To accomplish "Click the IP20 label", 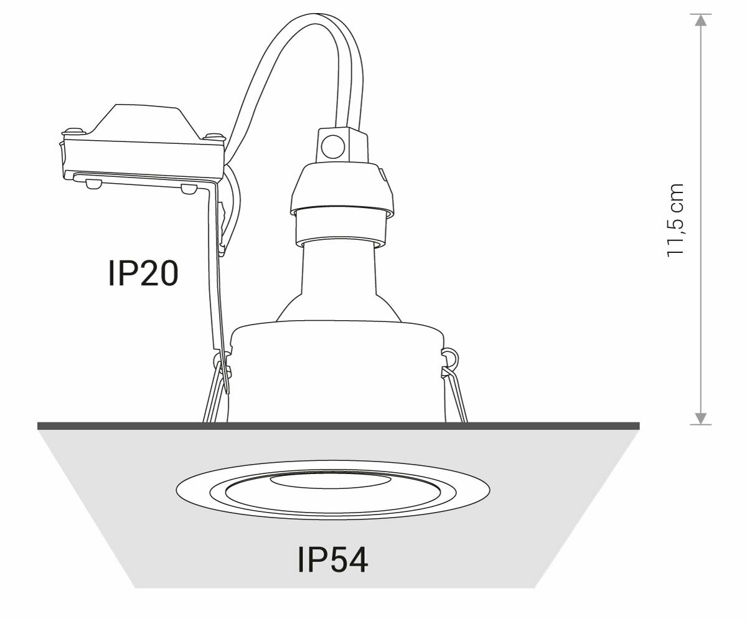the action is [x=143, y=273].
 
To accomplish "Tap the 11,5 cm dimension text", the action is [x=675, y=220].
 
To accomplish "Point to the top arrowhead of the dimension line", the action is [x=700, y=21].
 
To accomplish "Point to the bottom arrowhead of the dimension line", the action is [x=700, y=419].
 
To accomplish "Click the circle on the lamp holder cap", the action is [x=332, y=146].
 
